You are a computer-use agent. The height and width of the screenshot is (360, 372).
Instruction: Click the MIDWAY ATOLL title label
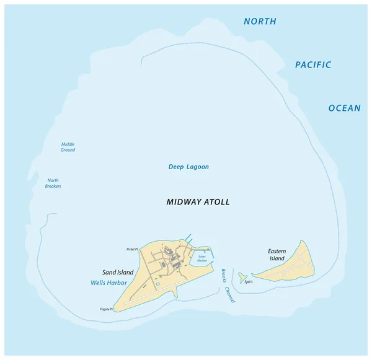[x=198, y=203]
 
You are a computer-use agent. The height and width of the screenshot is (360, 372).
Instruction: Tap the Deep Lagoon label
[x=188, y=167]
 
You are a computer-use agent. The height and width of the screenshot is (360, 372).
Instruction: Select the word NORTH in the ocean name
[x=260, y=22]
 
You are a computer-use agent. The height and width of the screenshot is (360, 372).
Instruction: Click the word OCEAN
[x=344, y=108]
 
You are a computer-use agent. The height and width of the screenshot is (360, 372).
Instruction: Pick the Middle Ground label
[x=68, y=147]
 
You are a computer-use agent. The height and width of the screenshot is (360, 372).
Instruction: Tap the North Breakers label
[x=53, y=183]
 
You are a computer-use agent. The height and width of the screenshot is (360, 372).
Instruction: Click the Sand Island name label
[x=118, y=272]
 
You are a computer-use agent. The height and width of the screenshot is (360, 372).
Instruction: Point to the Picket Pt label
[x=131, y=249]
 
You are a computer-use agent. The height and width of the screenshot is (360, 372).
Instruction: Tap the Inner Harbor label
[x=201, y=259]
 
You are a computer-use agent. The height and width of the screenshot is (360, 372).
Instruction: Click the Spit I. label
[x=249, y=282]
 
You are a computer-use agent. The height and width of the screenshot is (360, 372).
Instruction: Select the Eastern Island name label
[x=277, y=255]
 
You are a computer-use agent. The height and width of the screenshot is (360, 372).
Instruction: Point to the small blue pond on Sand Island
[x=157, y=284]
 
